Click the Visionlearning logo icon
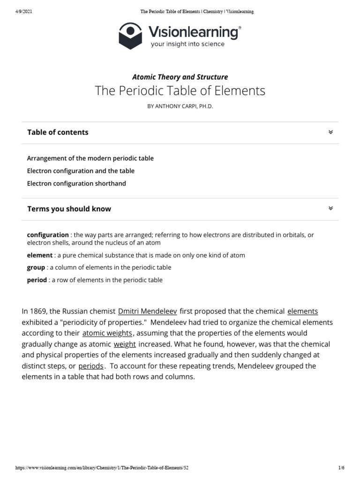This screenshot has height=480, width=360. [x=131, y=37]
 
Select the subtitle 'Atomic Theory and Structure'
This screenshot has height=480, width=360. [x=180, y=77]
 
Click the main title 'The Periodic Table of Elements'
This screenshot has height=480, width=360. [x=180, y=90]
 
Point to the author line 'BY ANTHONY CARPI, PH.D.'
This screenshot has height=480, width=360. [x=180, y=106]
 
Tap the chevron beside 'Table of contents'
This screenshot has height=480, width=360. [x=330, y=132]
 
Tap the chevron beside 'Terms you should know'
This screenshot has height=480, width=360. [x=330, y=208]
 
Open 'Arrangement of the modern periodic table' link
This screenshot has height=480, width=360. [x=90, y=158]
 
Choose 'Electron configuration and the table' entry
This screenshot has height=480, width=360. [x=81, y=171]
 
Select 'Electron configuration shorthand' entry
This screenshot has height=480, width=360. [x=76, y=184]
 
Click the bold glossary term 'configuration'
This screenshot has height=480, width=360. [x=48, y=235]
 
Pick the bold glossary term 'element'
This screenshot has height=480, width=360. [x=40, y=255]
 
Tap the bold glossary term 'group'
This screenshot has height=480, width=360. [x=36, y=268]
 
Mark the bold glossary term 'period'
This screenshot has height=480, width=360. [x=37, y=280]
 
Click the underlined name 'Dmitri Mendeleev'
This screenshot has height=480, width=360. [x=147, y=311]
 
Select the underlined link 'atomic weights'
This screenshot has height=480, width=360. [x=107, y=333]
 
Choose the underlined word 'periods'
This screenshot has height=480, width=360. [x=91, y=366]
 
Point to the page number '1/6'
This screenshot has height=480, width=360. [x=341, y=468]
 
